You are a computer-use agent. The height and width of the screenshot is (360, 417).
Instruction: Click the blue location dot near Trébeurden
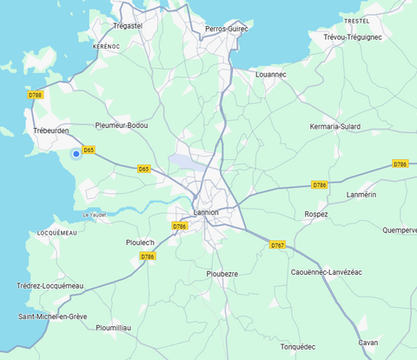(76, 154)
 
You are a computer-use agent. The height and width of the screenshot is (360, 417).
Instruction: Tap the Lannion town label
(206, 212)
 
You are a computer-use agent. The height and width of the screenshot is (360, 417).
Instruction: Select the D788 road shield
(35, 95)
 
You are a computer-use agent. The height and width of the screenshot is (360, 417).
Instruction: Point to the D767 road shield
(277, 245)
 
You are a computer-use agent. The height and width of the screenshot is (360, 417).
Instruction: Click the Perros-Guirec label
(226, 29)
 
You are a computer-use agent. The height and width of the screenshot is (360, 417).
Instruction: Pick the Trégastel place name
(128, 26)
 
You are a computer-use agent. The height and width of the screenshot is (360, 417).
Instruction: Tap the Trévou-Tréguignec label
(352, 37)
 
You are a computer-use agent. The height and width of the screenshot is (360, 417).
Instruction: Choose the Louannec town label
(271, 75)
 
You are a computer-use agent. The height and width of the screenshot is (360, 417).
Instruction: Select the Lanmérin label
(361, 195)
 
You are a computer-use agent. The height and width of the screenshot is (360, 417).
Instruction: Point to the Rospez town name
(316, 214)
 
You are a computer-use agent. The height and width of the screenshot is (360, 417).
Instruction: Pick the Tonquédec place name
(297, 347)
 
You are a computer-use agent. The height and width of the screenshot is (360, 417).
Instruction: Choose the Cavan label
(368, 343)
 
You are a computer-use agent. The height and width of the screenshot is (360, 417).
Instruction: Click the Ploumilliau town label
(114, 328)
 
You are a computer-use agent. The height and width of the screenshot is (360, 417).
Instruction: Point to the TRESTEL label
(357, 20)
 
